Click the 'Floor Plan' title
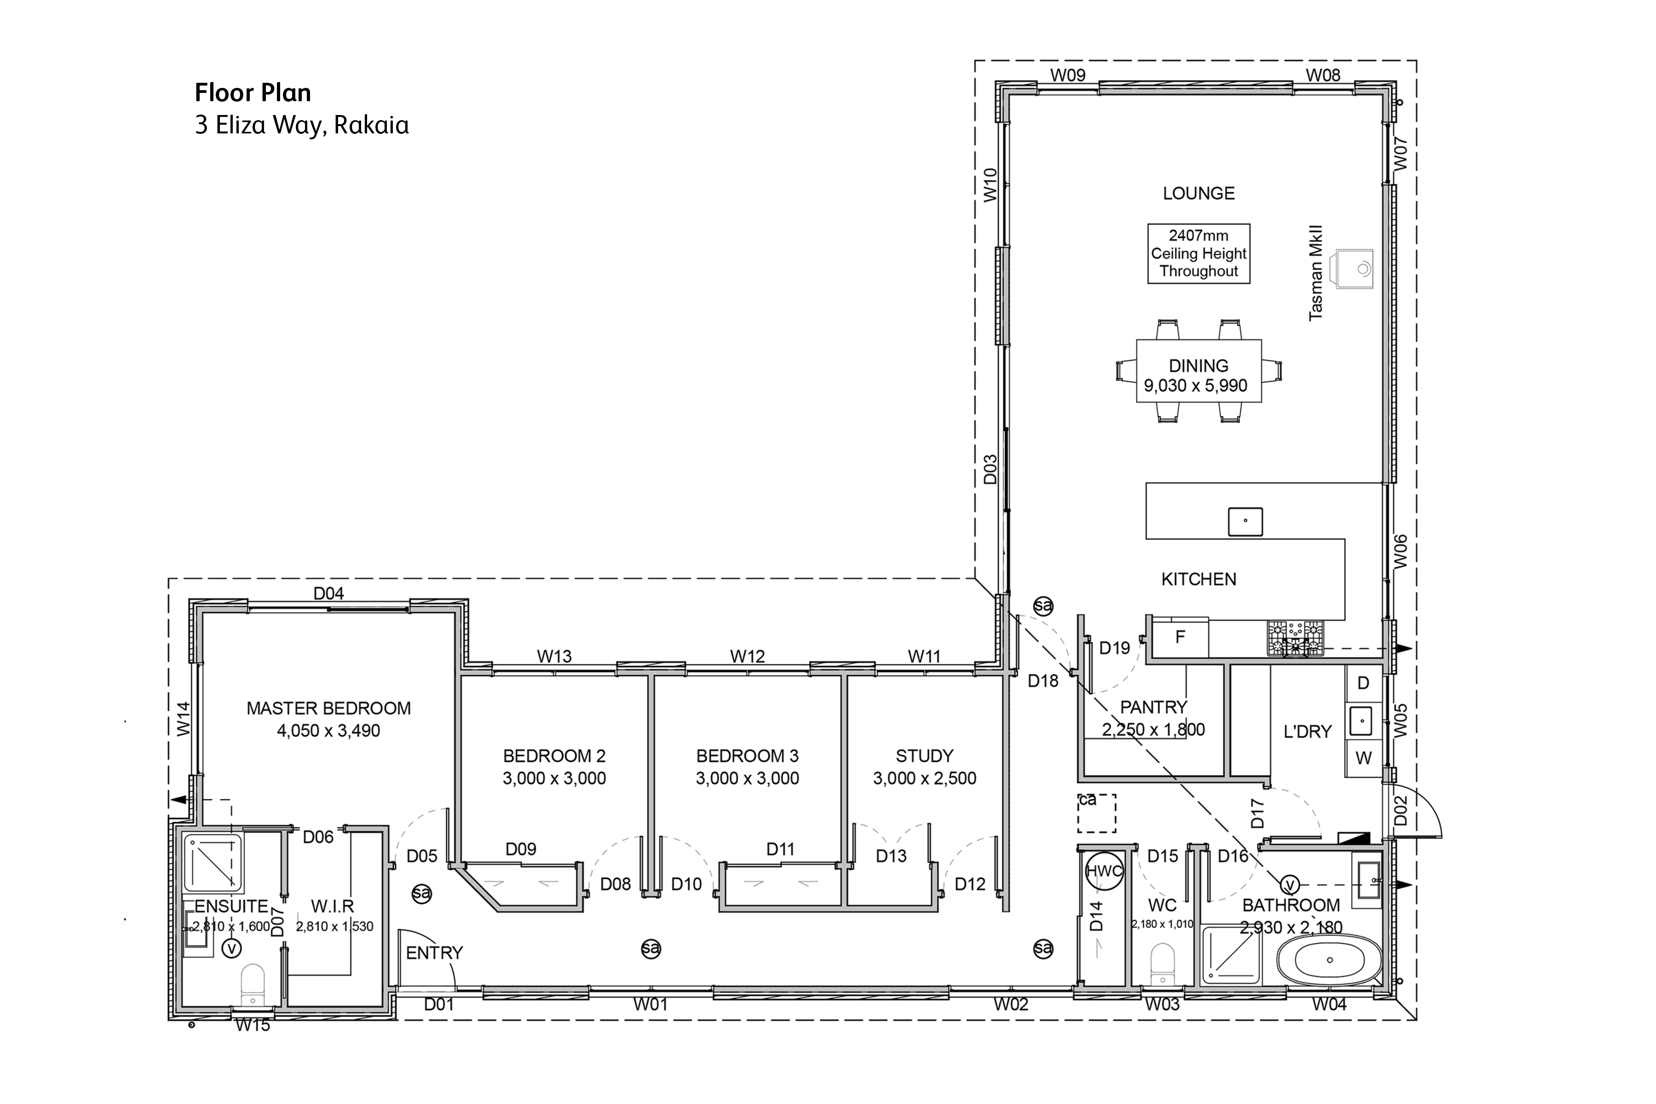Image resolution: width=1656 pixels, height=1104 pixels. (x=253, y=93)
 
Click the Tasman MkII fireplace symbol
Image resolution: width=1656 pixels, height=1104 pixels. (x=1352, y=268)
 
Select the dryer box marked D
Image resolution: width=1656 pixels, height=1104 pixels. (x=1364, y=683)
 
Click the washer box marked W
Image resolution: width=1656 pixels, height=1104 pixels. (x=1364, y=758)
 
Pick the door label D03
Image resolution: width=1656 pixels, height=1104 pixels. (x=990, y=469)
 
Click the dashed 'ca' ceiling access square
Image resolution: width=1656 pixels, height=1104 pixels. (x=1096, y=813)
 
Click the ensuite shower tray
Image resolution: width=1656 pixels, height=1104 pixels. (x=213, y=862)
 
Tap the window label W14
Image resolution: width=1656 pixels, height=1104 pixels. (x=184, y=719)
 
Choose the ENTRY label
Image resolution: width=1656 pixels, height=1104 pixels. (x=434, y=953)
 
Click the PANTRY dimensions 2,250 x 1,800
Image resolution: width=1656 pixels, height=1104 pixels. (x=1153, y=730)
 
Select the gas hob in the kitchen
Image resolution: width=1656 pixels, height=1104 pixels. (x=1295, y=638)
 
